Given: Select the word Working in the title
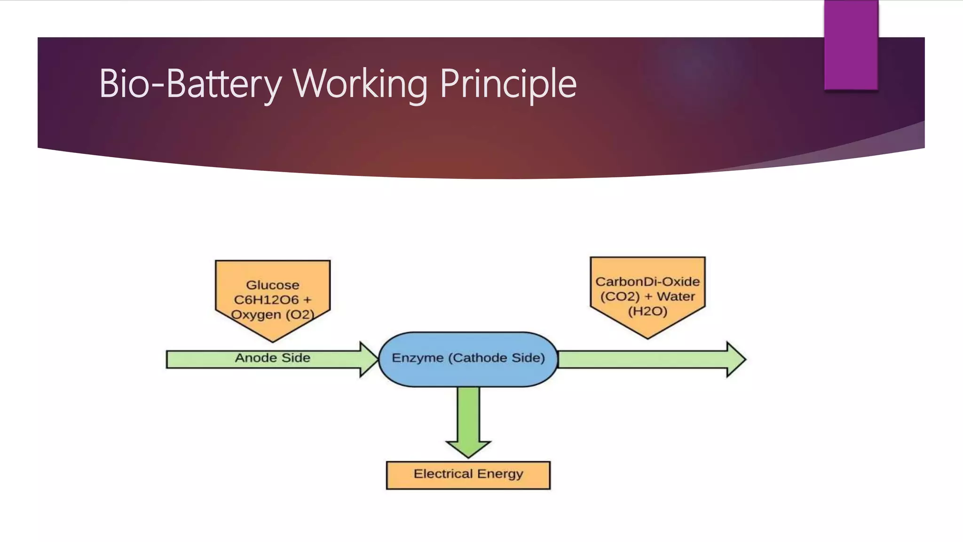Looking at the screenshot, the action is click(x=360, y=84).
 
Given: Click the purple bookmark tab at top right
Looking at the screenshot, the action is click(x=851, y=45).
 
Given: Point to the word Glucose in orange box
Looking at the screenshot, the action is click(x=273, y=285).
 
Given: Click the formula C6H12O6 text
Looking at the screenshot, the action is click(x=266, y=300).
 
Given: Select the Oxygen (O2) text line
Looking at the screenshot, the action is click(x=273, y=314).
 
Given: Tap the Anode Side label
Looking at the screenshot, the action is click(x=273, y=358).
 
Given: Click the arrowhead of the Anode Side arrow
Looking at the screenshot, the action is click(x=369, y=359).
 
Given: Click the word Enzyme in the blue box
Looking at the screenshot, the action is click(x=418, y=358).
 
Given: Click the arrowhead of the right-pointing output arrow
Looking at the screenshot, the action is click(x=735, y=359).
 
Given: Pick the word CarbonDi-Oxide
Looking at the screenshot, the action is click(x=647, y=282).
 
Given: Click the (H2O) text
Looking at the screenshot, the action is click(x=647, y=311).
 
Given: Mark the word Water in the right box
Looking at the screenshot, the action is click(x=676, y=296).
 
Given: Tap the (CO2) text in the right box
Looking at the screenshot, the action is click(x=620, y=296).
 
